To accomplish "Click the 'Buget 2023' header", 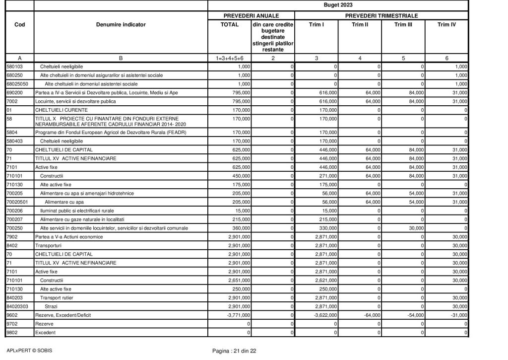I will tap(338, 5).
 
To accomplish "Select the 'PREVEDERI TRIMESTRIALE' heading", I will tap(381, 16).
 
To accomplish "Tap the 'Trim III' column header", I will tap(403, 24).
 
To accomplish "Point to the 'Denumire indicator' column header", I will tap(121, 24).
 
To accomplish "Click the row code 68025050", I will tap(17, 84).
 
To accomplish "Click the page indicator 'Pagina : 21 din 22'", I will tap(234, 351).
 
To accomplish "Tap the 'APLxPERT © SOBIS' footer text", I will tap(29, 351).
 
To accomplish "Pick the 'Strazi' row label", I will tap(51, 306).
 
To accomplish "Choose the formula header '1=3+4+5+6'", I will tap(229, 58).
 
